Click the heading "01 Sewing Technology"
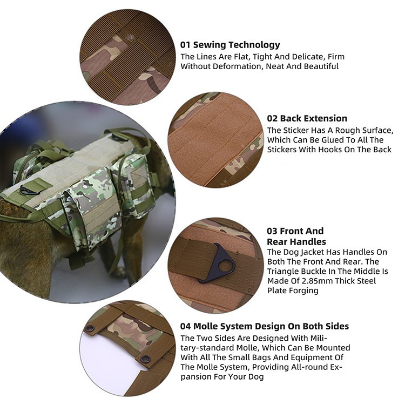(x=230, y=45)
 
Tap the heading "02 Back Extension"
(x=307, y=118)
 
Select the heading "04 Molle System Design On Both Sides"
(x=265, y=327)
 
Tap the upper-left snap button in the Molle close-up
(x=90, y=329)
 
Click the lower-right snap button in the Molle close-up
(x=146, y=359)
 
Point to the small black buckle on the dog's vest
(x=26, y=191)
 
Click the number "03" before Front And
(x=272, y=231)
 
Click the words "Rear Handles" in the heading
(x=296, y=242)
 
